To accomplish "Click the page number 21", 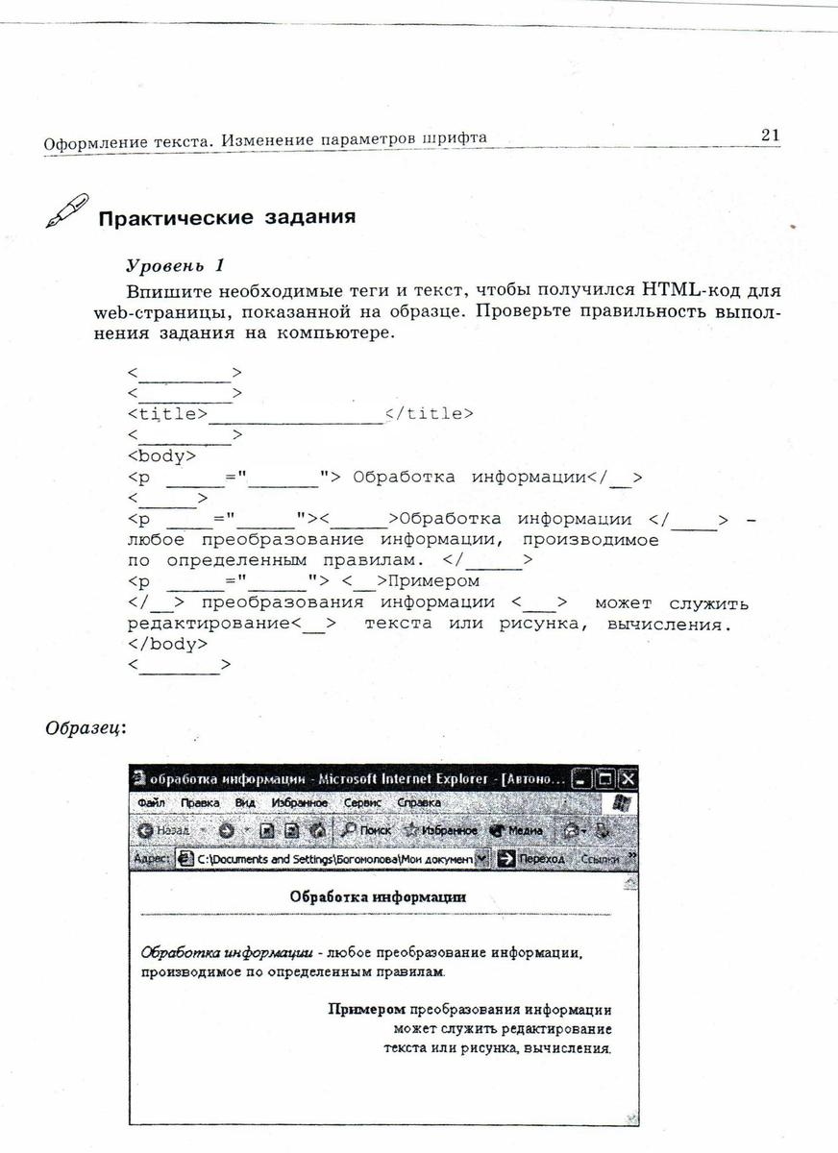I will tap(770, 135).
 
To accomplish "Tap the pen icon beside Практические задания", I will tap(67, 210).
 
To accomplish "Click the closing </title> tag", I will tap(429, 414).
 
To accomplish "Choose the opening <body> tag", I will tap(160, 456).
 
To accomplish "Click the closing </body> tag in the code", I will tap(167, 644).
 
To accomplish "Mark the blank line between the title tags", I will tap(296, 417).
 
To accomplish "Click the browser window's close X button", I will tap(628, 778).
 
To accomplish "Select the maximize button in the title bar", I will tap(605, 778).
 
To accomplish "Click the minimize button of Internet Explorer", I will tap(582, 778).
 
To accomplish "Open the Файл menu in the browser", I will tap(151, 802).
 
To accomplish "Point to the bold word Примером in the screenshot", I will tap(367, 1010).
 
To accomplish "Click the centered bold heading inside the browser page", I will tap(378, 896).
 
